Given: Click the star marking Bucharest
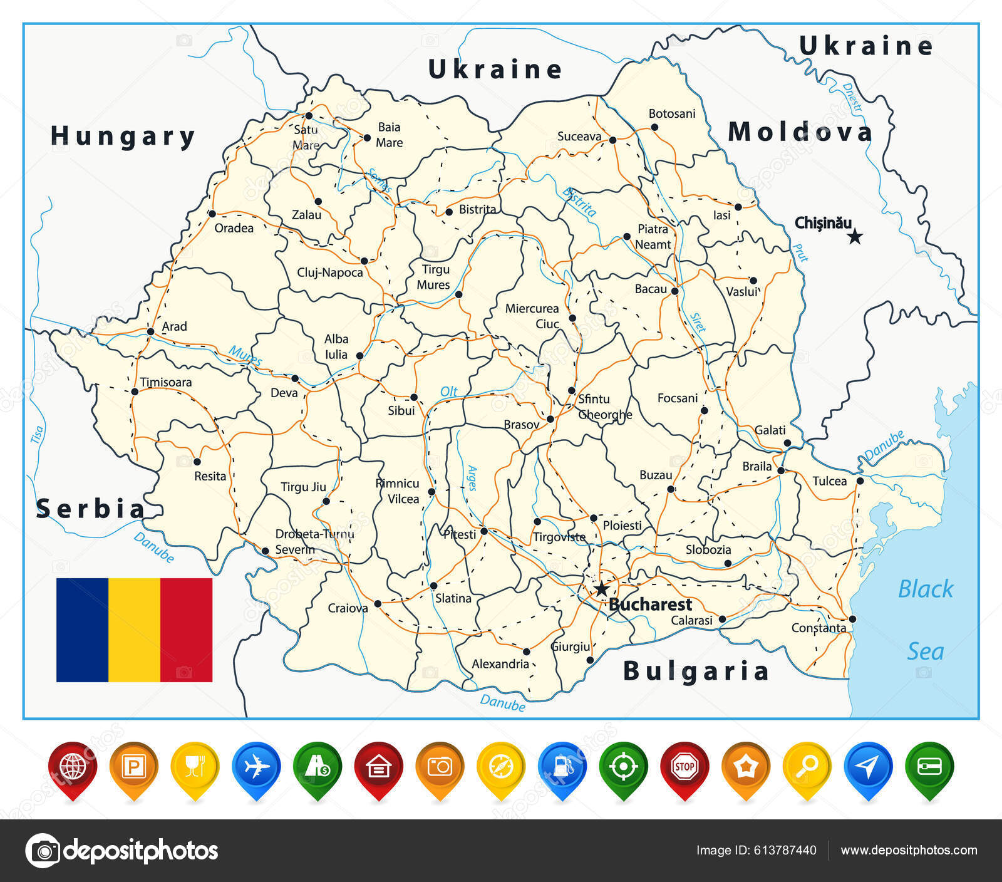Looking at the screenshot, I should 601,589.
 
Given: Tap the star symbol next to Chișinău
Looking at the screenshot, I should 855,237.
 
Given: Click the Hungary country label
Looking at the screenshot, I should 123,136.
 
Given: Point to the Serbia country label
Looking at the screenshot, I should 91,509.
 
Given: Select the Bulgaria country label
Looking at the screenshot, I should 696,671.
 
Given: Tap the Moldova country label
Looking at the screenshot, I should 800,132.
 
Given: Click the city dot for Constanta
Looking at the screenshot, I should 852,619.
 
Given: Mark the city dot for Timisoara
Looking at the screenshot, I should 135,392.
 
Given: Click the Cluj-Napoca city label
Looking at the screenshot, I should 329,272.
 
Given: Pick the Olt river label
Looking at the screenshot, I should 448,392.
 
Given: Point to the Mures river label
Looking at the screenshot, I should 244,355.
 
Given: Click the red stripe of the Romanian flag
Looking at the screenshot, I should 186,630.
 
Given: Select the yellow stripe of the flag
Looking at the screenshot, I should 134,630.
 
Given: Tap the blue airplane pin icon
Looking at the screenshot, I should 256,767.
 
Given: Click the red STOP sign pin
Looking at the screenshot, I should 684,767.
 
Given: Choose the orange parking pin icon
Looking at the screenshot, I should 133,767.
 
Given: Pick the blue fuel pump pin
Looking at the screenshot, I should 562,767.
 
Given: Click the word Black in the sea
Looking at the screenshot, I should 925,589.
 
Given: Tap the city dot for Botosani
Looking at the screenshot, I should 654,127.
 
